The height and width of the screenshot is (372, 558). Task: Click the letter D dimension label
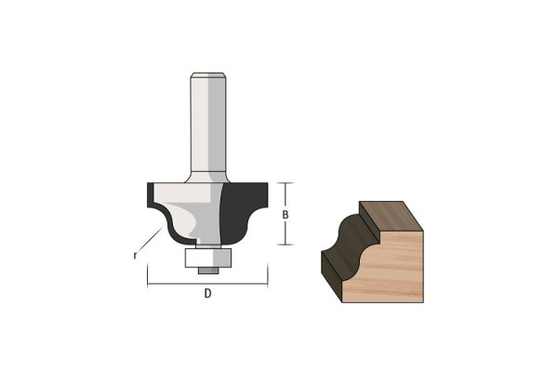[207, 293]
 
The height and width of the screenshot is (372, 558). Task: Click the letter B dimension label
[286, 215]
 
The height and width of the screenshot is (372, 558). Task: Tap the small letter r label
[135, 255]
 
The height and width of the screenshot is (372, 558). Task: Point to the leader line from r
[150, 240]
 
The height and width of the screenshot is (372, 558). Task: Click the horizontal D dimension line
[207, 284]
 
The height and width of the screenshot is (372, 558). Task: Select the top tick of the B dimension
[286, 182]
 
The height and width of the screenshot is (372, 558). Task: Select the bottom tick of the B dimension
[286, 245]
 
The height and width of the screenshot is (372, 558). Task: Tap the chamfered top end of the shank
[207, 74]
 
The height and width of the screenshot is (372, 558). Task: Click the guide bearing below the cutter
[207, 258]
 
